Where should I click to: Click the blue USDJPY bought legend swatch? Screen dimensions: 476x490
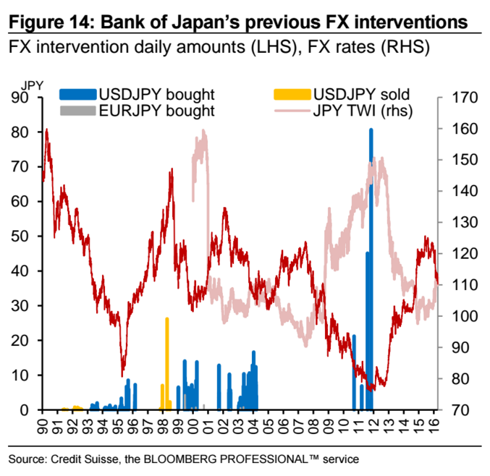(77, 93)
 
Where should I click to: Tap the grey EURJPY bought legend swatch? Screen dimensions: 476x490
(77, 111)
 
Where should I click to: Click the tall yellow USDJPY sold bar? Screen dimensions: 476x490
(167, 362)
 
